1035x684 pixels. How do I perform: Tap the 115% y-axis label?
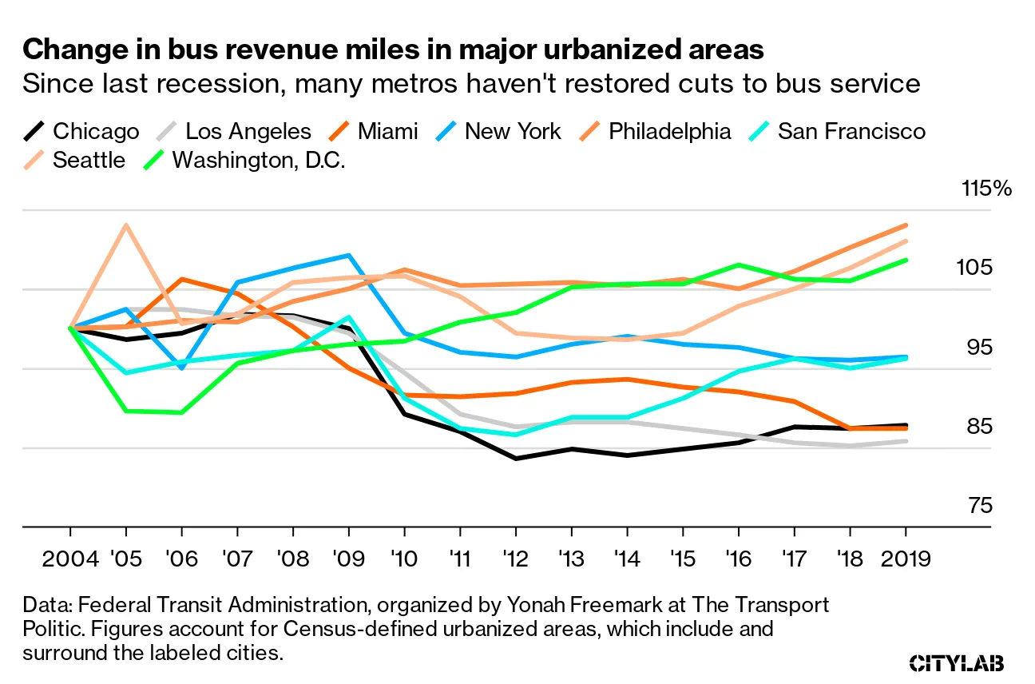pos(987,189)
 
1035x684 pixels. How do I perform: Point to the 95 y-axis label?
pos(977,348)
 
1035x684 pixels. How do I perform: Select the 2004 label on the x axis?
pos(70,557)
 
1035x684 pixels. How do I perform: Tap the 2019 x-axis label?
pos(906,557)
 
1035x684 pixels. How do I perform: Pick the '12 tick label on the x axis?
pos(516,557)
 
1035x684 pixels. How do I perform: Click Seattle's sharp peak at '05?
pos(126,225)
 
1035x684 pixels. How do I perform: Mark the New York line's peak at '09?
pos(349,256)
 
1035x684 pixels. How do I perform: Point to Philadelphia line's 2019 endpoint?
pos(906,225)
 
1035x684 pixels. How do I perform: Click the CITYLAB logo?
pos(957,662)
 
